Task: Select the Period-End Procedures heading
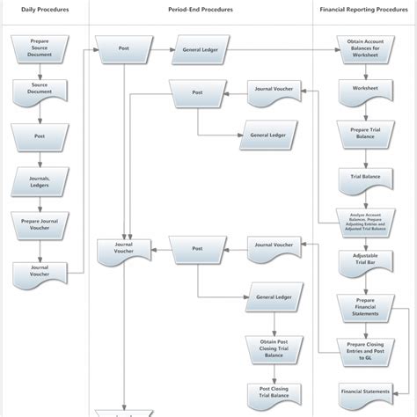[201, 10]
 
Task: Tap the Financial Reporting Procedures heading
[364, 10]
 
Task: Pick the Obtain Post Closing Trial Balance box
[274, 347]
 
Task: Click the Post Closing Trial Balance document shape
[274, 393]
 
